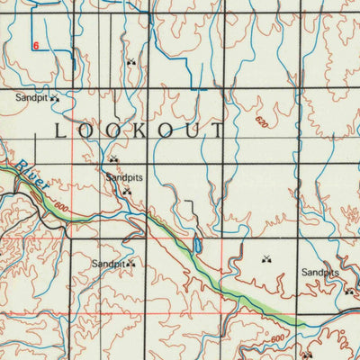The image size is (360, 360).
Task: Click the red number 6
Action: pos(36,45)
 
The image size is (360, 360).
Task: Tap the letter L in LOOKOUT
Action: pos(61,130)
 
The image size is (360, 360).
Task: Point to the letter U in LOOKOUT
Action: pos(192,130)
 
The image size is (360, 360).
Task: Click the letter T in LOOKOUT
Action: pos(218,130)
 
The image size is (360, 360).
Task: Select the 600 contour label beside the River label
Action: pos(60,206)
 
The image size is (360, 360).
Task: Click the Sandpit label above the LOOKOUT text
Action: pos(31,96)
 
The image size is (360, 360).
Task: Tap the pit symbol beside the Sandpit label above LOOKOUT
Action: pos(55,96)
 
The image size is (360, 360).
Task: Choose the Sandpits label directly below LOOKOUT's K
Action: pos(124,178)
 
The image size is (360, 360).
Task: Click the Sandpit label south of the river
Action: pos(108,264)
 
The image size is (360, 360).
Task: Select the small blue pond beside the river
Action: pos(196,245)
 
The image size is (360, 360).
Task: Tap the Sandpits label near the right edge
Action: pos(319,272)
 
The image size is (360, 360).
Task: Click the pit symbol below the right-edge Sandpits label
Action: pos(349,291)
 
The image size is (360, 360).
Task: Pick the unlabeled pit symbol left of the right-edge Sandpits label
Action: pos(266,260)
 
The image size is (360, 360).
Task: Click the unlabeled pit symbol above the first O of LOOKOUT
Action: pos(131,62)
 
